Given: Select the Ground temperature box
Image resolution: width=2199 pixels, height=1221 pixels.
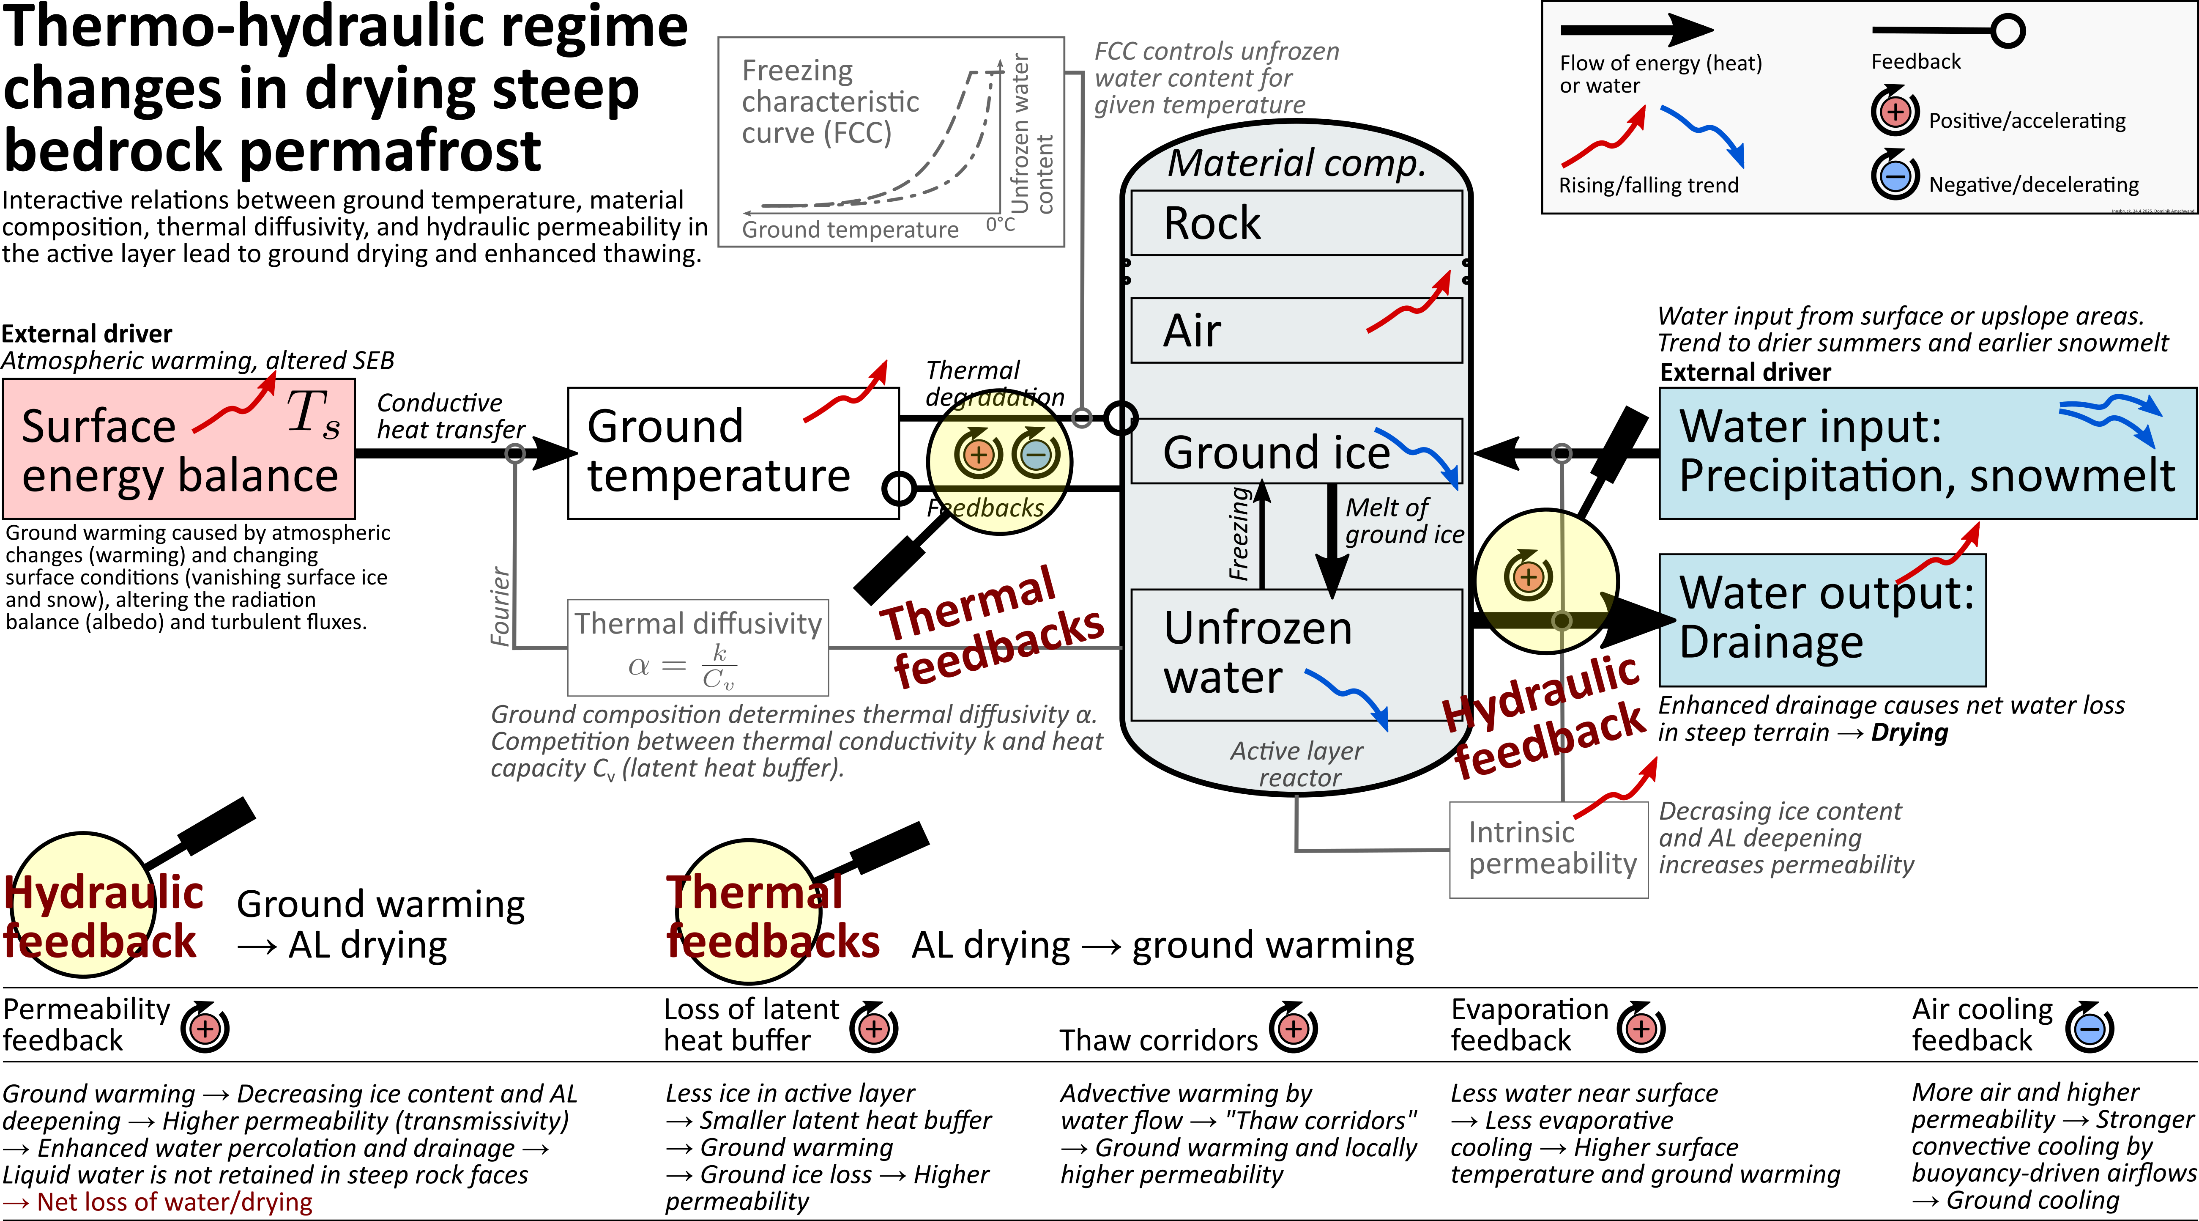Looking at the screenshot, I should pos(733,453).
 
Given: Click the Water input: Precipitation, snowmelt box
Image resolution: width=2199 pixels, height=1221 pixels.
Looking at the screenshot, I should pos(1927,453).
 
